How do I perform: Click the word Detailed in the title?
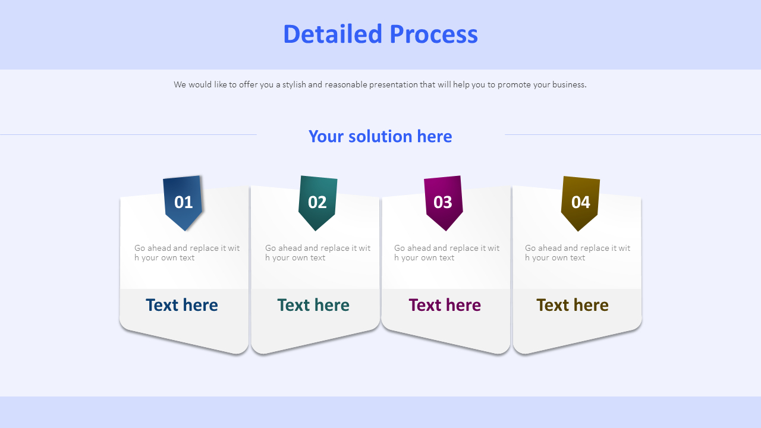coord(332,34)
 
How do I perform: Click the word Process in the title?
coord(433,34)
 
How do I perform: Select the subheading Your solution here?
coord(380,136)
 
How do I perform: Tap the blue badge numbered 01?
coord(183,202)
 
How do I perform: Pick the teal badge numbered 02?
coord(317,202)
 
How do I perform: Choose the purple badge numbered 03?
coord(443,202)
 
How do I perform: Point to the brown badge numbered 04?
coord(580,202)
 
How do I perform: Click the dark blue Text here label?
coord(182,305)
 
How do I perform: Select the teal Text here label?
coord(313,305)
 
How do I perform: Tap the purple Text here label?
coord(445,305)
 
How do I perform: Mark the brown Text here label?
coord(573,305)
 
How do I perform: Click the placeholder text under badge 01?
coord(187,253)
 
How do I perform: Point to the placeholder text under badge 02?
coord(317,253)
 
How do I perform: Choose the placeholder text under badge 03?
coord(446,253)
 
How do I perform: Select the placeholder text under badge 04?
coord(577,253)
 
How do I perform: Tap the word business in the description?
coord(568,84)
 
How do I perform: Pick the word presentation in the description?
coord(393,84)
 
